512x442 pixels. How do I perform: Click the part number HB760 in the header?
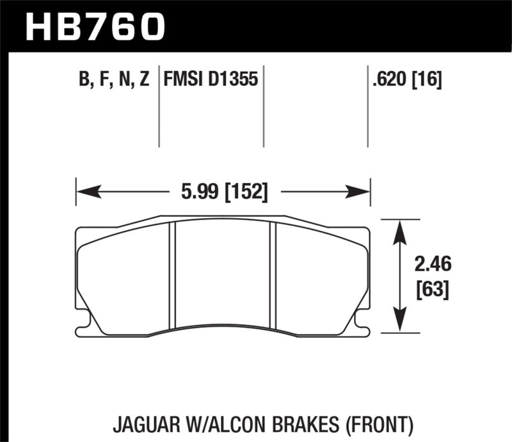95,26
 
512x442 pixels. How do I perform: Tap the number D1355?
235,80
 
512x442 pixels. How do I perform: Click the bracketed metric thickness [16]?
429,80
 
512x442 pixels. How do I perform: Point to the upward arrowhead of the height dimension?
400,227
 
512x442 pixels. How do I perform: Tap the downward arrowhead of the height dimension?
400,325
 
